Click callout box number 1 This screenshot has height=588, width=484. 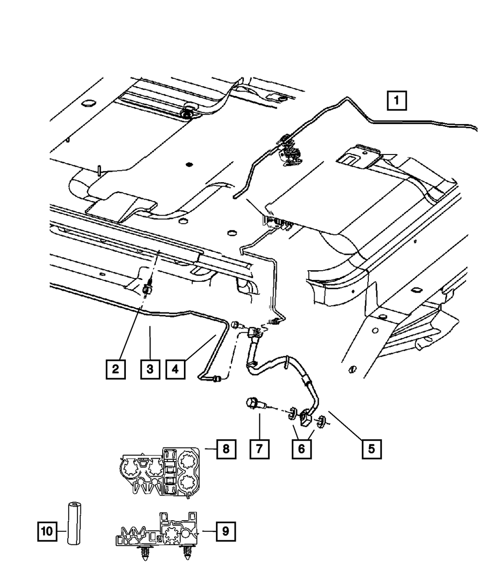(x=397, y=102)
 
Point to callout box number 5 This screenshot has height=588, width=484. (x=371, y=449)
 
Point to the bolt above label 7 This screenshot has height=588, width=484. (x=254, y=404)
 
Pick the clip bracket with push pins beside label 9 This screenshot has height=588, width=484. (x=157, y=530)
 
